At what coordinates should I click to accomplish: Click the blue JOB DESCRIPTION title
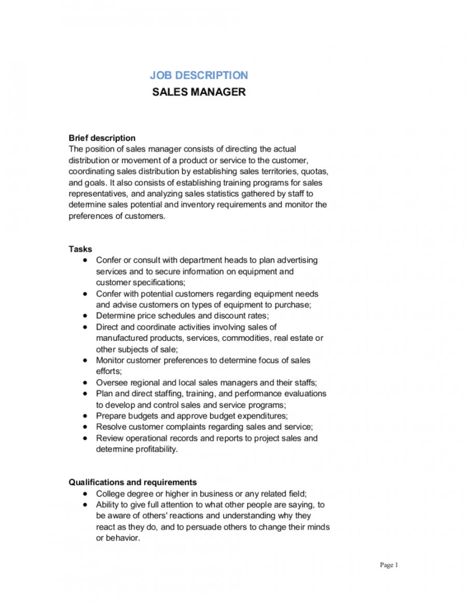coord(199,75)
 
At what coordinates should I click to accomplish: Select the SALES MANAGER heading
coord(199,92)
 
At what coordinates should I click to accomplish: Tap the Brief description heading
coord(102,138)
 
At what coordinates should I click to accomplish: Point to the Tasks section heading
coord(80,249)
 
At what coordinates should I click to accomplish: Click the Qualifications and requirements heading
coord(133,483)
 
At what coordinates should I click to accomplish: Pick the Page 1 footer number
coord(389,565)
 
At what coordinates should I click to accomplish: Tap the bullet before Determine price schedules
coord(85,316)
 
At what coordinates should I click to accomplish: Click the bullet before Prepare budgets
coord(85,416)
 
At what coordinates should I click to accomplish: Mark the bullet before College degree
coord(85,494)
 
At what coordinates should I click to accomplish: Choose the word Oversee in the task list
coord(111,383)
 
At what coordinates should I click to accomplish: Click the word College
coord(109,494)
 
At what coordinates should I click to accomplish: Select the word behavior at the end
coord(123,539)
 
